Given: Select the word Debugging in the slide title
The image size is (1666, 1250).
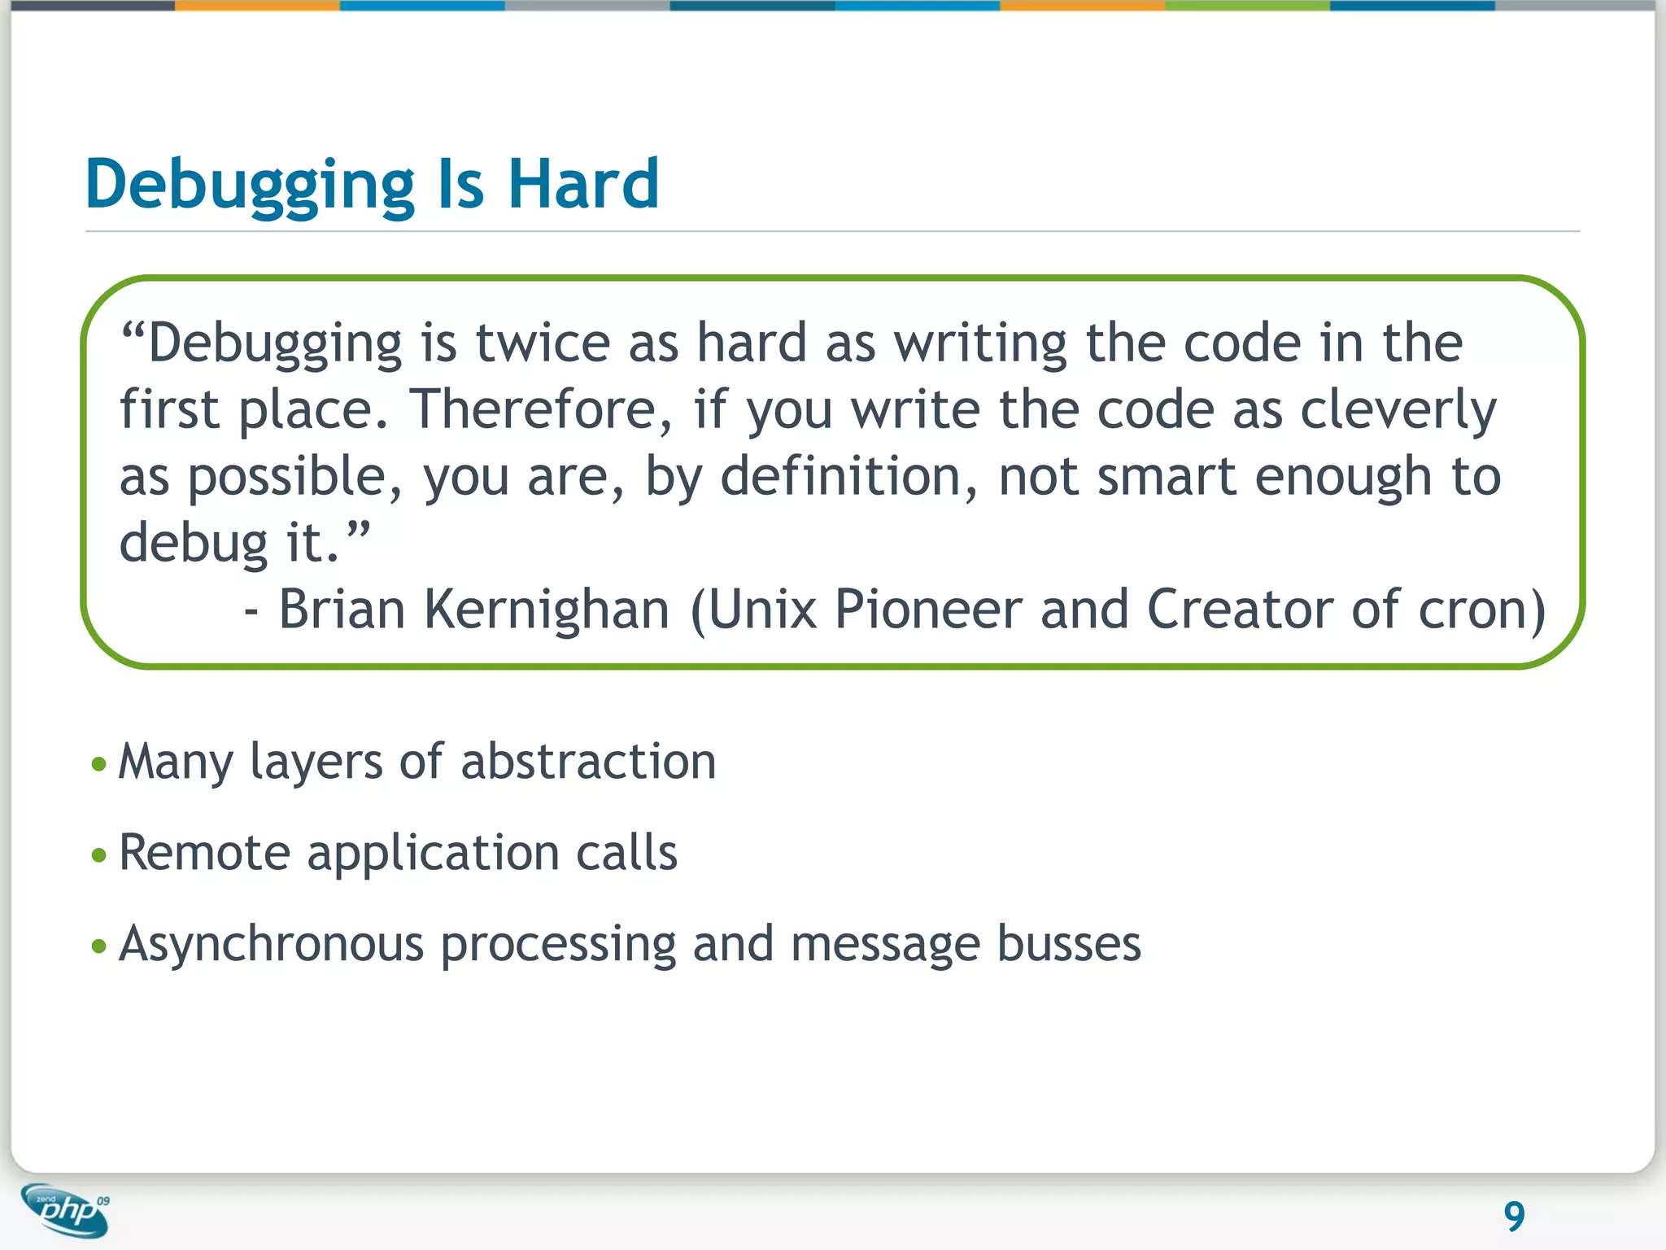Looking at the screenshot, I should pyautogui.click(x=250, y=186).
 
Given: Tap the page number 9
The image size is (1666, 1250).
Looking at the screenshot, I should pyautogui.click(x=1514, y=1217).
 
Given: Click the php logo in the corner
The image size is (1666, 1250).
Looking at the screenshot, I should pyautogui.click(x=66, y=1211).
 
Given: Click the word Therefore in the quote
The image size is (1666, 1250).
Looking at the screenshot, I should pyautogui.click(x=541, y=409).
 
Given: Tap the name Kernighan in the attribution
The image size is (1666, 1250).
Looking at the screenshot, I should pyautogui.click(x=546, y=610).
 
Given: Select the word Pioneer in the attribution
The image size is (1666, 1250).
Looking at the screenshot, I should pyautogui.click(x=927, y=610).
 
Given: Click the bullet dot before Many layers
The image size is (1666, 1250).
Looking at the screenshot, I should pyautogui.click(x=99, y=764).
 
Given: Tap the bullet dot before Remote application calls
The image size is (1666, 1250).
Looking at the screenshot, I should pyautogui.click(x=99, y=855).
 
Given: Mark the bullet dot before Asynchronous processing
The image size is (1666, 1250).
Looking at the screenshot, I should pyautogui.click(x=99, y=946).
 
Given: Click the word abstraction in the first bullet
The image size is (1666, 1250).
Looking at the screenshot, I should pyautogui.click(x=588, y=762).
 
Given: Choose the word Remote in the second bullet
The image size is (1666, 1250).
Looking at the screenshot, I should pyautogui.click(x=204, y=853).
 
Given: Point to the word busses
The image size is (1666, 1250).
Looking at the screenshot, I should pyautogui.click(x=1068, y=944).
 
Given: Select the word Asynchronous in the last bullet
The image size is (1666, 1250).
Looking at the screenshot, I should pyautogui.click(x=271, y=946).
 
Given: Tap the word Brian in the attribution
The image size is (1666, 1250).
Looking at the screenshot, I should pyautogui.click(x=342, y=610).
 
